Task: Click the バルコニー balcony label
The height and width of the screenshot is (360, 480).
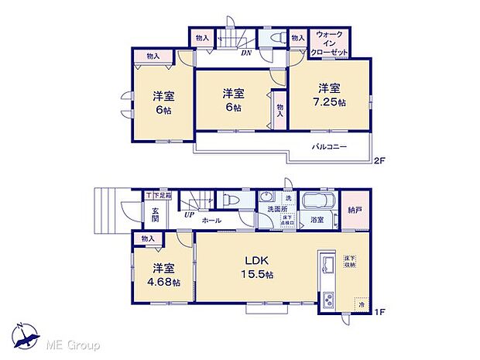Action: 329,146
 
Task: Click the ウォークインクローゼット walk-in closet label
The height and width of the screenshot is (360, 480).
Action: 329,43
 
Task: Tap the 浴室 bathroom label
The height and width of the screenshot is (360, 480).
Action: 317,220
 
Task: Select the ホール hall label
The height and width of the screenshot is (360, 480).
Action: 211,221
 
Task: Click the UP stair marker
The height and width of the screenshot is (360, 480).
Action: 189,216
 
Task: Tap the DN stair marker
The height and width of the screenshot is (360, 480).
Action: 245,53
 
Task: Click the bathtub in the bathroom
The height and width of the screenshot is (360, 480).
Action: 317,202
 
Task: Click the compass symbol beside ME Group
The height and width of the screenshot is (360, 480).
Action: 26,334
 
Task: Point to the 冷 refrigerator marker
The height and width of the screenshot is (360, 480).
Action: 360,306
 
